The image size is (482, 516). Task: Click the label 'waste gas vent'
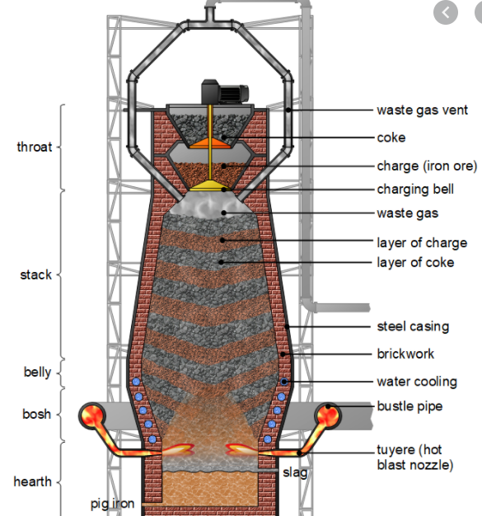point(422,110)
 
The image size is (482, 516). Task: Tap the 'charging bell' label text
point(415,190)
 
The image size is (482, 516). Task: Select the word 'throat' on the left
point(35,147)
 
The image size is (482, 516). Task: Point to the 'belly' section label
point(38,373)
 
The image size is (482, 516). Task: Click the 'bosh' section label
point(36,414)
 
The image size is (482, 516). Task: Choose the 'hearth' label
point(33,481)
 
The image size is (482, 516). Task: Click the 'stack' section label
point(36,274)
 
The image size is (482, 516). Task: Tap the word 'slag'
point(295,473)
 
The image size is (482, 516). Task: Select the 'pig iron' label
point(113,504)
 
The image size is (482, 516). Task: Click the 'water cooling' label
point(417,382)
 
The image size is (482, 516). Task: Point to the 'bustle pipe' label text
point(409,406)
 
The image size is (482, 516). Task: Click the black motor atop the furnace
point(225,91)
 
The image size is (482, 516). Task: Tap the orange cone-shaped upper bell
point(210,143)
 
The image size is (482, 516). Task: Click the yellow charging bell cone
point(211,185)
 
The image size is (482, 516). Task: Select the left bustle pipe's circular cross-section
point(92,416)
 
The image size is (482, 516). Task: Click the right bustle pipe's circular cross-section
point(328,416)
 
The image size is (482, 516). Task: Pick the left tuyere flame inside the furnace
point(177,449)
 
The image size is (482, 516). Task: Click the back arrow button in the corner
point(446,13)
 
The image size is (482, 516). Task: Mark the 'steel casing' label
point(413,326)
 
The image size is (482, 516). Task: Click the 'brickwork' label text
point(405,354)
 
